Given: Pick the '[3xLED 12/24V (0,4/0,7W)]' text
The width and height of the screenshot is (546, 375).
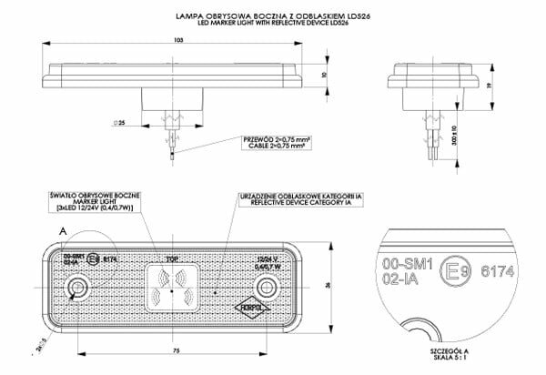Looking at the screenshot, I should (94, 208).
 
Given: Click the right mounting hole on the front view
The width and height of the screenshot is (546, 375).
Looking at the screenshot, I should (268, 289).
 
